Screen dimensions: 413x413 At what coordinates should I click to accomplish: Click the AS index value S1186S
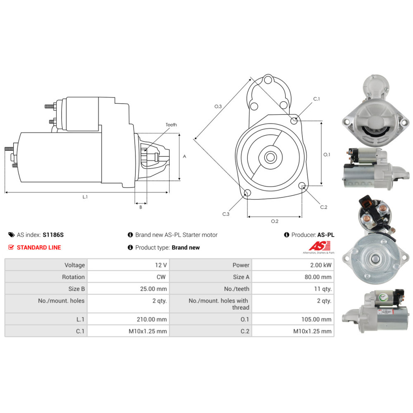coord(53,235)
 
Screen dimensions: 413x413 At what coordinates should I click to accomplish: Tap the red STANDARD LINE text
coord(39,247)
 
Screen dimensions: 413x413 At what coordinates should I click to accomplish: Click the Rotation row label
coord(73,277)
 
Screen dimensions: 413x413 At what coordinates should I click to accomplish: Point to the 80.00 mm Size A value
coord(318,277)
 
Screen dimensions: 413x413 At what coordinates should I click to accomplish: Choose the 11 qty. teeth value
coord(323,289)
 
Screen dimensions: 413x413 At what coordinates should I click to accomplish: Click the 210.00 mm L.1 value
coord(152,319)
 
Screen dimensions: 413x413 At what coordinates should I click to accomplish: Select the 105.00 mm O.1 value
coord(316,319)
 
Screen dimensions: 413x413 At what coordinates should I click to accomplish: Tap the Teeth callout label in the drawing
coord(171,125)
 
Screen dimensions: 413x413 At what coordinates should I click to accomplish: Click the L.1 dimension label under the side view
coord(85,197)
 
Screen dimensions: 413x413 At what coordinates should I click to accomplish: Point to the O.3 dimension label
coord(218,107)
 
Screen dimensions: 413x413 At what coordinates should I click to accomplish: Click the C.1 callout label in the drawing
coord(316,99)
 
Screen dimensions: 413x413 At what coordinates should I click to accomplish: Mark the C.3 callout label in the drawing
coord(226,214)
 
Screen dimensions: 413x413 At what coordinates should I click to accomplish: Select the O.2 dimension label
coord(275,221)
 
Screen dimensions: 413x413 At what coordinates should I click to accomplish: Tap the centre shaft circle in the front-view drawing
coord(270,157)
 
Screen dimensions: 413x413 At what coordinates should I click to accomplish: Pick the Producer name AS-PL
coord(326,235)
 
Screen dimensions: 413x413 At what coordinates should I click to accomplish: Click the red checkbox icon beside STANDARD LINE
coord(11,247)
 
